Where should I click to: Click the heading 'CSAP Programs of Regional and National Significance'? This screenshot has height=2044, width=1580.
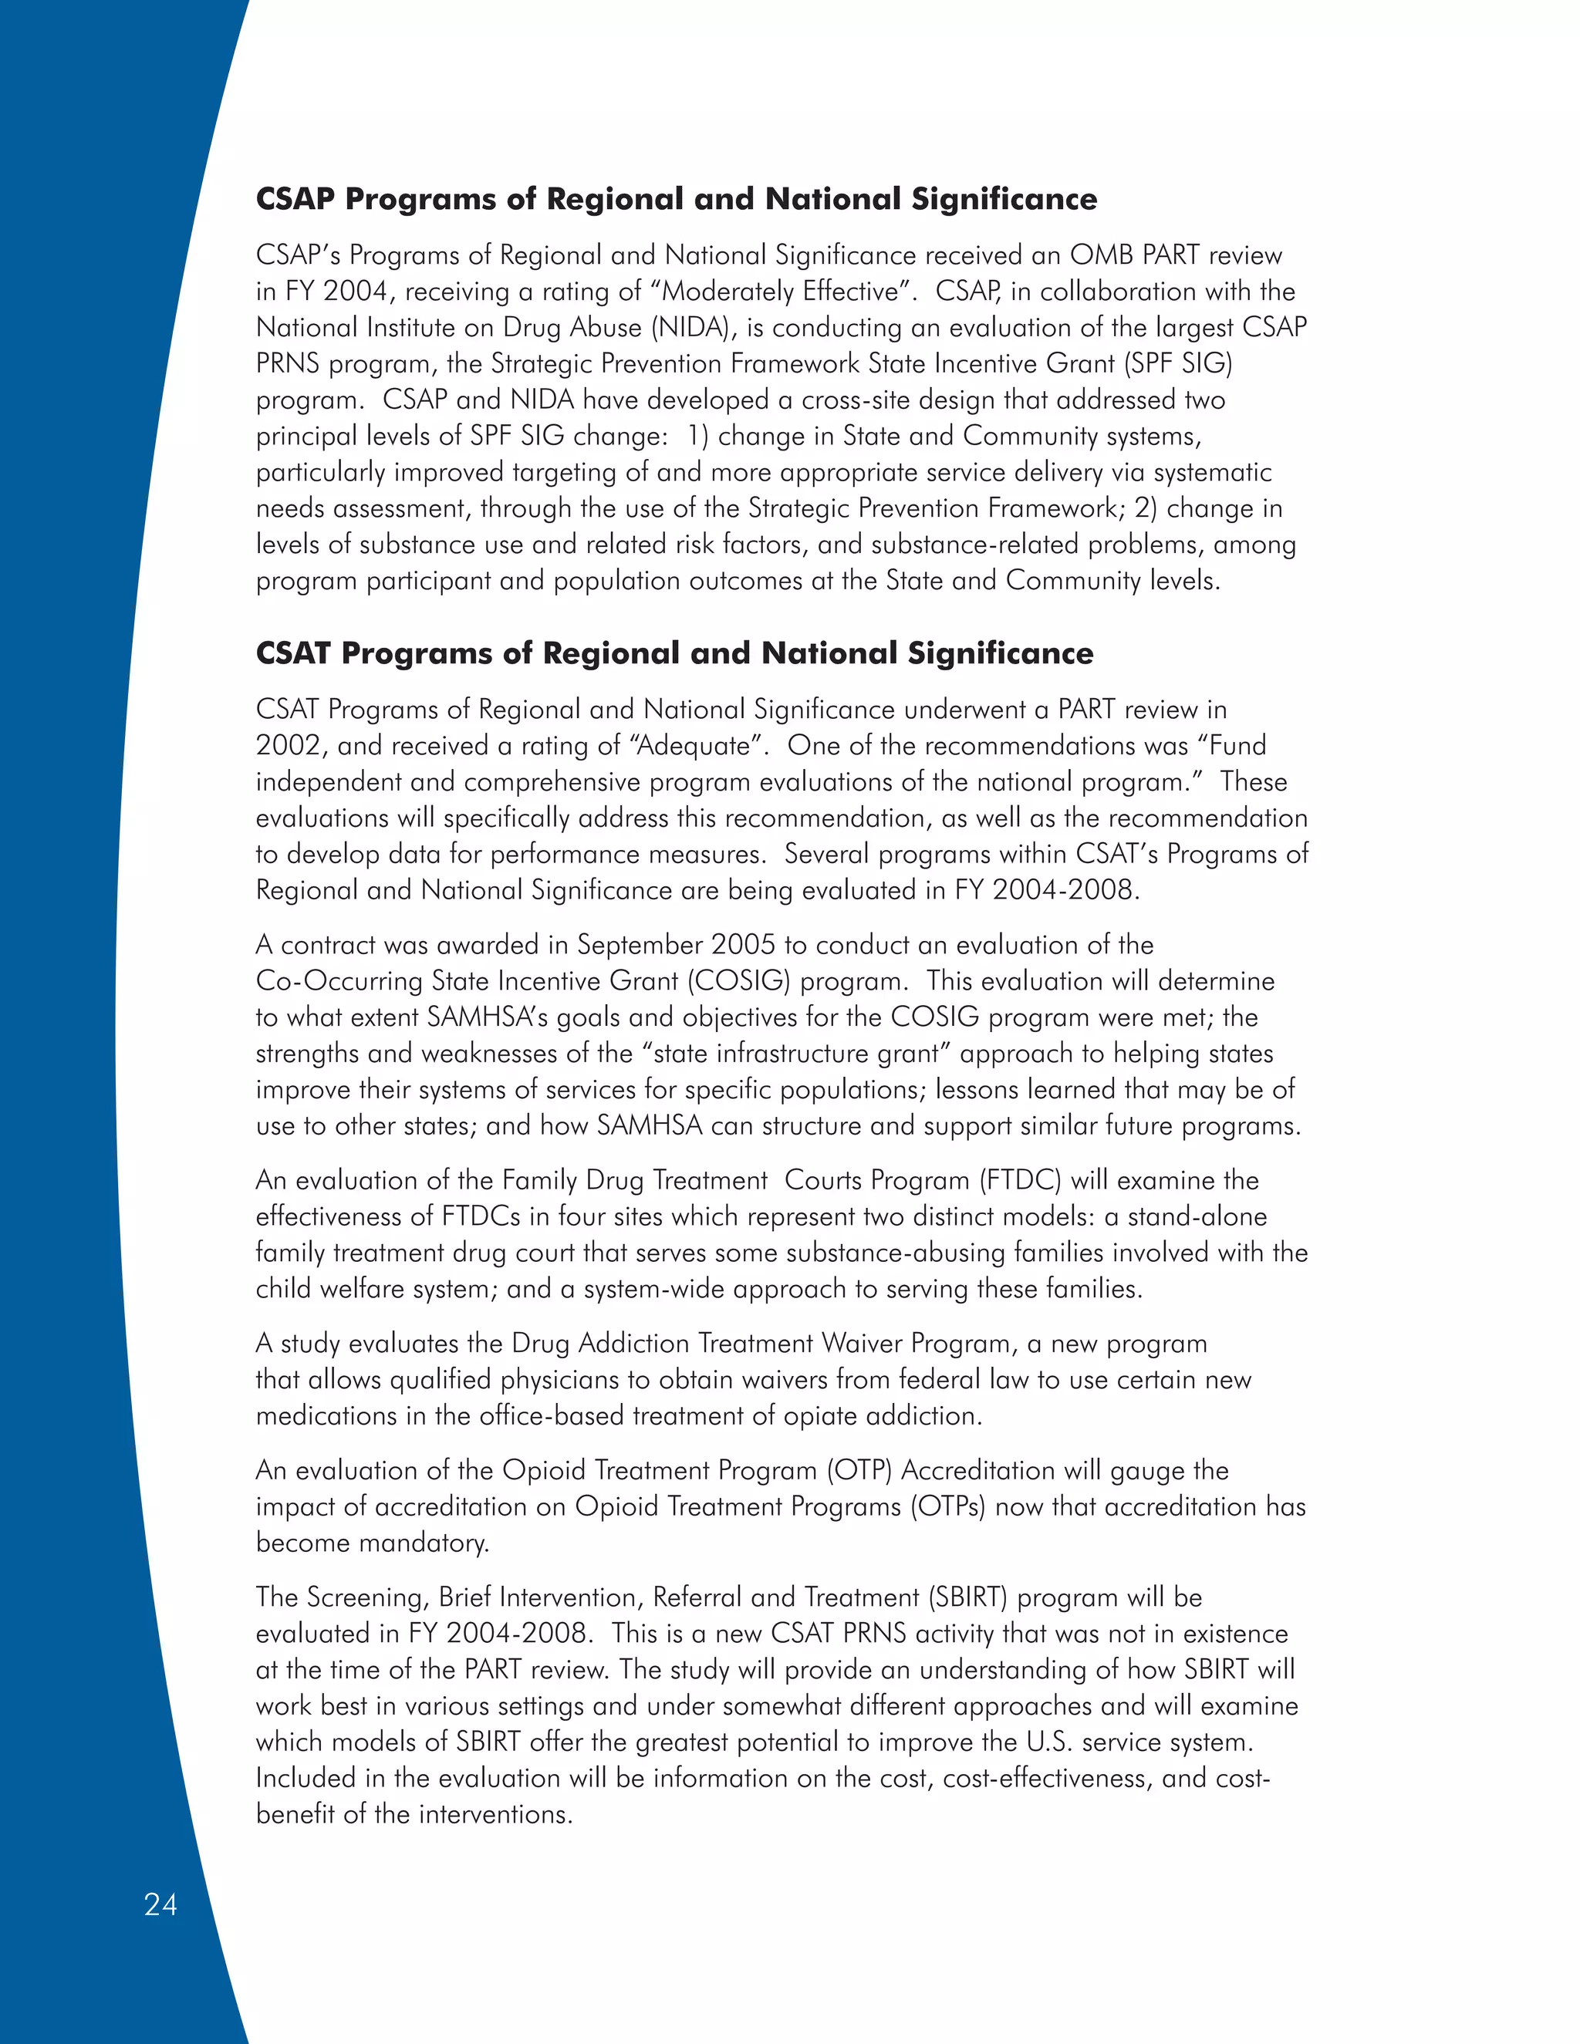coord(676,198)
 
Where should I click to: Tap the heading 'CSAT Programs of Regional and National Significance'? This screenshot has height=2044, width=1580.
coord(674,653)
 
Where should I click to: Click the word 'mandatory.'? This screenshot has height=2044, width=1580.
coord(430,1543)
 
